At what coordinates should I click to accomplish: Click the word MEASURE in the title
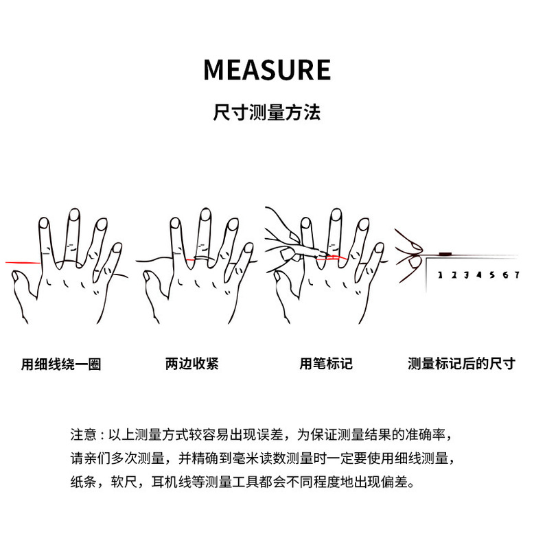pyautogui.click(x=267, y=70)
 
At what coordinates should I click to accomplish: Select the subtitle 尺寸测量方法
pyautogui.click(x=267, y=113)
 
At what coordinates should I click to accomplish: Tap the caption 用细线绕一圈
pyautogui.click(x=61, y=364)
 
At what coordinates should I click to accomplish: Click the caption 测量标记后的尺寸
pyautogui.click(x=461, y=364)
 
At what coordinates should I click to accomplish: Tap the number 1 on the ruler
pyautogui.click(x=439, y=275)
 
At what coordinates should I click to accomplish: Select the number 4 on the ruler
pyautogui.click(x=478, y=275)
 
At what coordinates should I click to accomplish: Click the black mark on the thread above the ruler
pyautogui.click(x=444, y=254)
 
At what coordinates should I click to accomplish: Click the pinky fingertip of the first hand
pyautogui.click(x=117, y=247)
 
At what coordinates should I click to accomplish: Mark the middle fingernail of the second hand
pyautogui.click(x=203, y=215)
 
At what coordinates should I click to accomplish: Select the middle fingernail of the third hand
pyautogui.click(x=334, y=215)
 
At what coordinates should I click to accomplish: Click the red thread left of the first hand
pyautogui.click(x=21, y=261)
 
